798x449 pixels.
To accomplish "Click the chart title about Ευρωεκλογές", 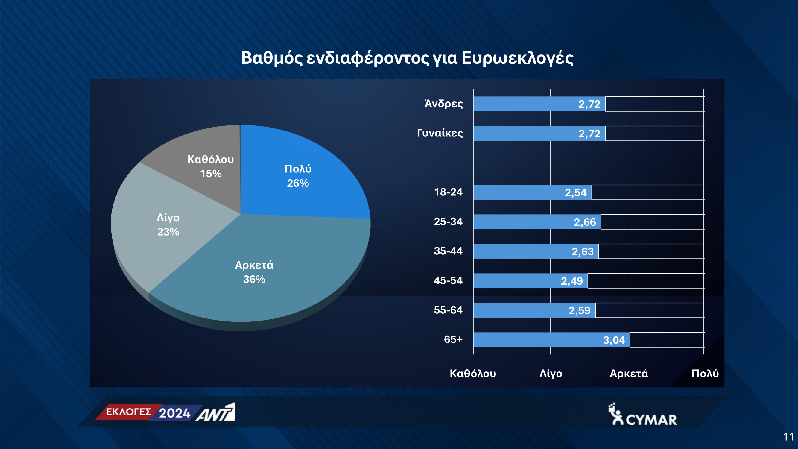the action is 407,58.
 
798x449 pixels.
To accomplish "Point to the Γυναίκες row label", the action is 440,133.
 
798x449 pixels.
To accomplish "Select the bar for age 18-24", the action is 533,192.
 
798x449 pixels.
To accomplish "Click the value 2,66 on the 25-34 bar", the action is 585,222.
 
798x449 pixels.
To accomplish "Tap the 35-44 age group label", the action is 448,251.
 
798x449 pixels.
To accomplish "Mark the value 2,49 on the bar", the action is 572,281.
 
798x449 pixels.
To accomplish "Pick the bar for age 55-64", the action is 534,310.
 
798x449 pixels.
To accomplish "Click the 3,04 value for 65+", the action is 614,340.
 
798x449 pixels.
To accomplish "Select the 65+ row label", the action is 453,339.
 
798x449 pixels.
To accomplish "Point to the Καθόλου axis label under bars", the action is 473,373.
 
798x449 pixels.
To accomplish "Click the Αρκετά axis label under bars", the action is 629,373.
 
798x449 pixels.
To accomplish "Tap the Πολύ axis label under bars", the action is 705,373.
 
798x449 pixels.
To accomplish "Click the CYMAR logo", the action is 642,414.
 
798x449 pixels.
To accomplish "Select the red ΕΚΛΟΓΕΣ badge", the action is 128,412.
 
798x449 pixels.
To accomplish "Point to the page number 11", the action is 788,437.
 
